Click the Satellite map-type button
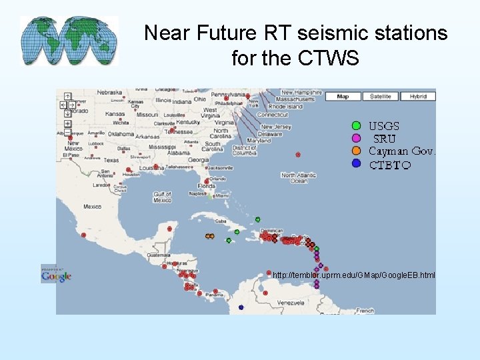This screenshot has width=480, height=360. [x=381, y=97]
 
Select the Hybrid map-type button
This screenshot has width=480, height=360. [x=418, y=97]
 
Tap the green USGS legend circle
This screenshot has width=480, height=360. [x=356, y=125]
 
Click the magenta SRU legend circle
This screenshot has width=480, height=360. [x=356, y=138]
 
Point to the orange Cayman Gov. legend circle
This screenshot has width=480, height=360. [x=356, y=151]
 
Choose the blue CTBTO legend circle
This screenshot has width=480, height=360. [x=356, y=163]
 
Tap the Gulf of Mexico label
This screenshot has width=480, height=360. [x=162, y=197]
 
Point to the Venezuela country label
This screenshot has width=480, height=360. [x=291, y=303]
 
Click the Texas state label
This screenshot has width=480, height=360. [x=111, y=160]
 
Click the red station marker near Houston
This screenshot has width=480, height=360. [x=127, y=171]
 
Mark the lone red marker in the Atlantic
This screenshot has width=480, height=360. [x=298, y=155]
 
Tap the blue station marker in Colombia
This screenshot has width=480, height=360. [x=241, y=307]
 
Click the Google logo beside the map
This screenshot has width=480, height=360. [x=56, y=275]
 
